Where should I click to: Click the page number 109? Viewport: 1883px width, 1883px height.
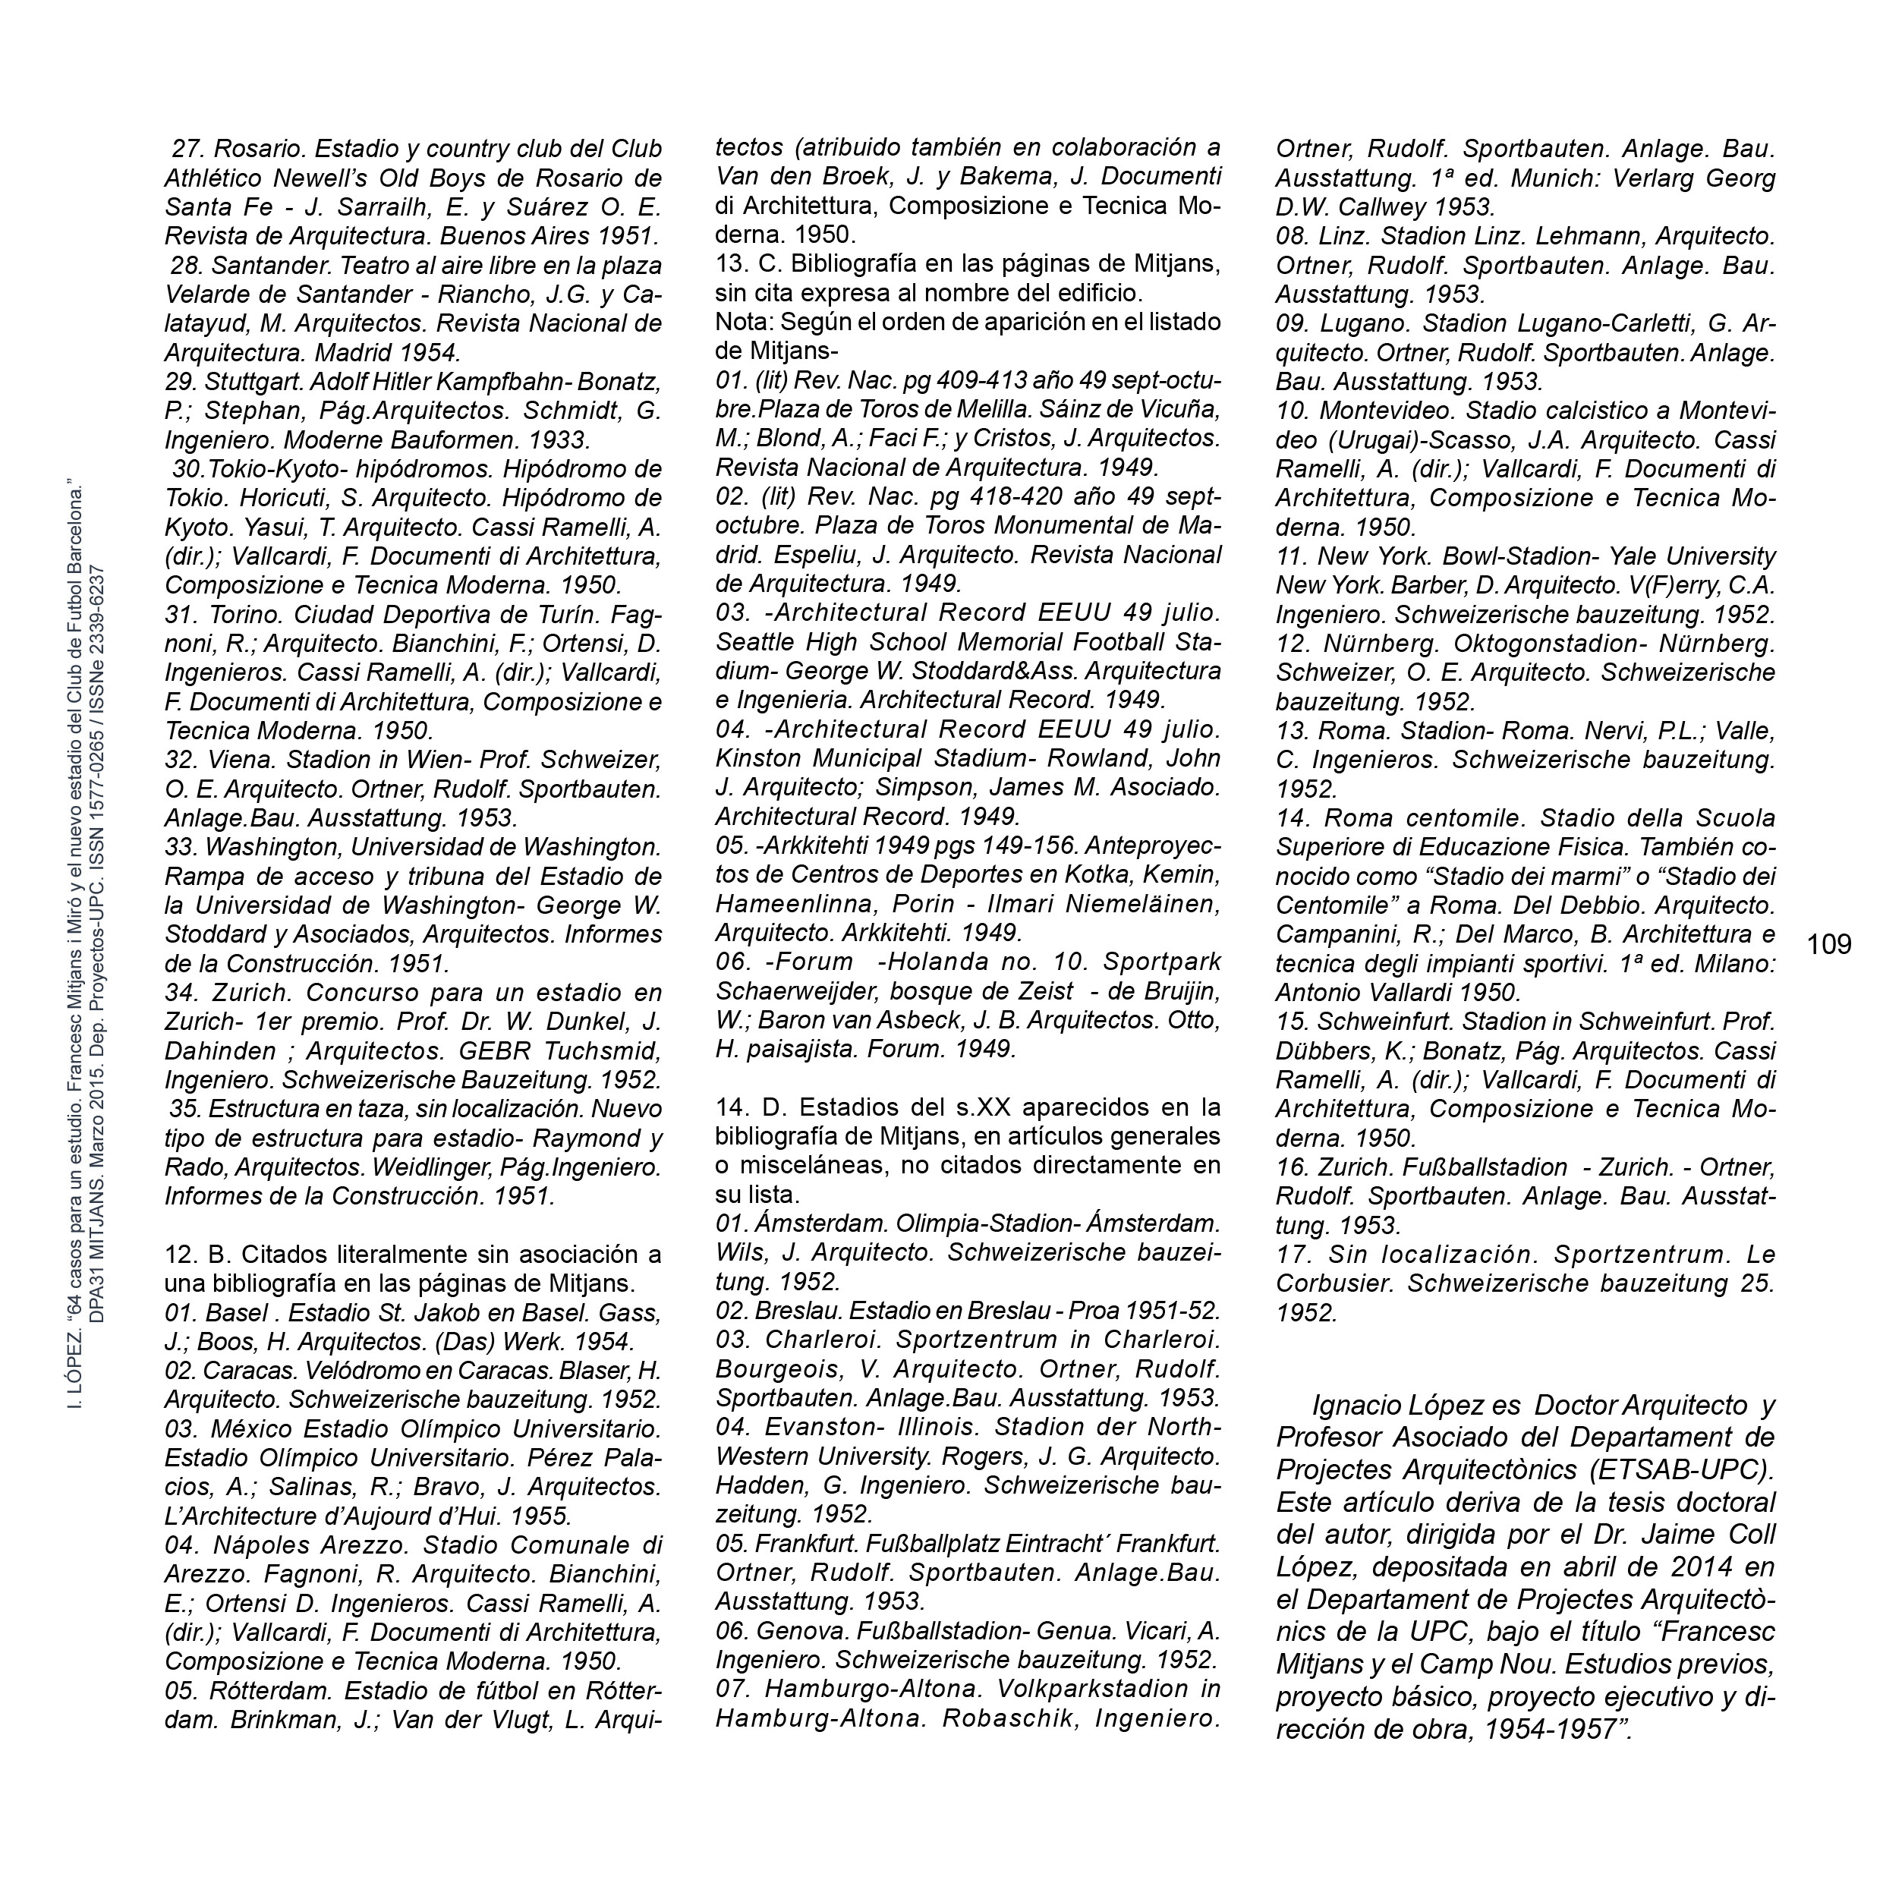tap(1829, 944)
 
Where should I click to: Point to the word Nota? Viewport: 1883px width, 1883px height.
tap(742, 322)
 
